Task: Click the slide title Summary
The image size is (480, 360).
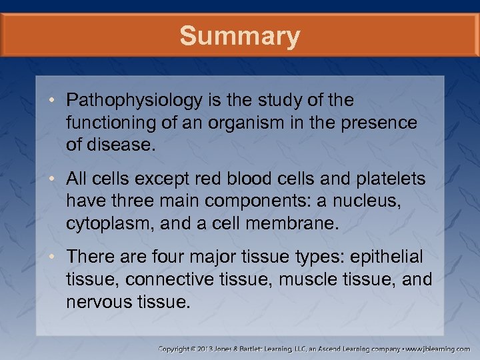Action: click(239, 36)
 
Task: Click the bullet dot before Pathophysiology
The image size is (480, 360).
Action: click(56, 101)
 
